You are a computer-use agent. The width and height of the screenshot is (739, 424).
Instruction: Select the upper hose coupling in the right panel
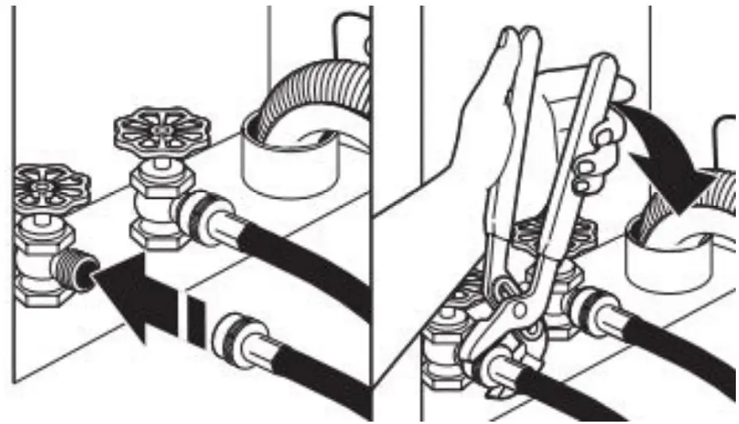pyautogui.click(x=589, y=306)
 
